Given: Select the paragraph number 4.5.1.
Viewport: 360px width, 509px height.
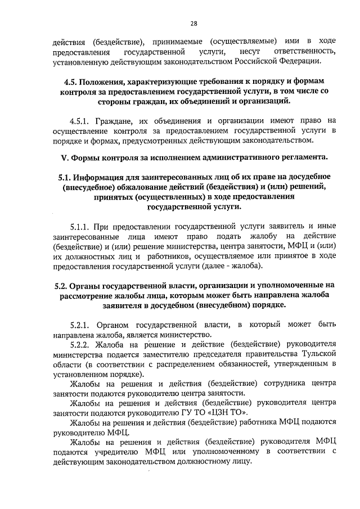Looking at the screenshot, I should click(x=81, y=120).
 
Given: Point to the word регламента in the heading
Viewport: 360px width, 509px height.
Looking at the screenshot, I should click(x=303, y=156).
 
